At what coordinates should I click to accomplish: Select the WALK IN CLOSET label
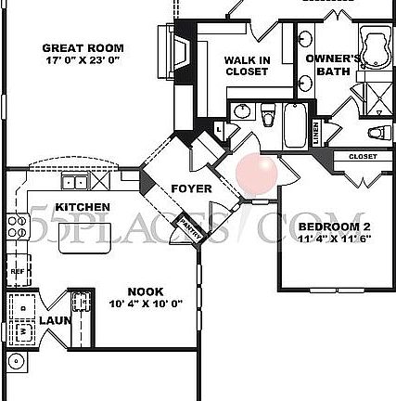click(247, 66)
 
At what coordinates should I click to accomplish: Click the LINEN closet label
click(316, 134)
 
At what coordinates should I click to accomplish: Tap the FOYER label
click(192, 189)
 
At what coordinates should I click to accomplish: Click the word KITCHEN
click(83, 206)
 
